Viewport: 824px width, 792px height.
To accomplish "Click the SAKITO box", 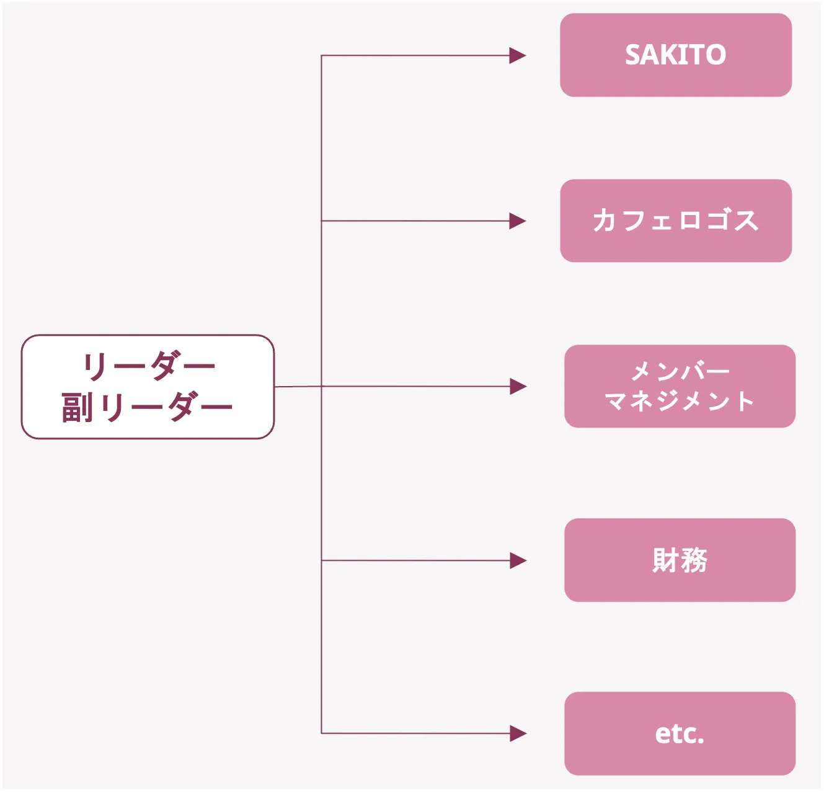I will tap(676, 55).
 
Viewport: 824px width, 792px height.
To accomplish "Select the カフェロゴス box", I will tap(676, 221).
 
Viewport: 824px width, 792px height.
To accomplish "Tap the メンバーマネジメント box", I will tap(680, 386).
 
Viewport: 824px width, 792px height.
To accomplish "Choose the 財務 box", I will tap(680, 560).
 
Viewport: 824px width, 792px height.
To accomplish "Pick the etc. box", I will tap(680, 733).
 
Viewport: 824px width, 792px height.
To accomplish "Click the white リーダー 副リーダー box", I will tap(148, 387).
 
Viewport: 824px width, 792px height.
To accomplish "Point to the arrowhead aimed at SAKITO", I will tap(518, 56).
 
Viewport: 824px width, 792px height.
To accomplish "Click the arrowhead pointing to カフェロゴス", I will tap(518, 221).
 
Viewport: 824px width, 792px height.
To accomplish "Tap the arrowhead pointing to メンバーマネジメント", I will tap(518, 387).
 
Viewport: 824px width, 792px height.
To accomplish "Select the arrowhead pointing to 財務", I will tap(518, 561).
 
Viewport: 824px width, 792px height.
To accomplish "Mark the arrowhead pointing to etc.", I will tap(518, 734).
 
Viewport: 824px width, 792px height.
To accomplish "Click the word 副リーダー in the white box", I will tap(148, 407).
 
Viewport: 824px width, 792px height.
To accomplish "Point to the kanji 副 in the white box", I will tap(78, 407).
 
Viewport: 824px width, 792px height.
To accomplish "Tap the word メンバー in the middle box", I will tap(680, 372).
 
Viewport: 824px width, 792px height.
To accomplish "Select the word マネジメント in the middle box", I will tap(680, 401).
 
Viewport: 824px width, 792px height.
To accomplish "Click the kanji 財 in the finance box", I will tap(665, 560).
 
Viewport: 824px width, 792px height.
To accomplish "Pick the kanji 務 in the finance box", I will tap(694, 560).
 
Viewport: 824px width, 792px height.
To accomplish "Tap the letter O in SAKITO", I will tap(715, 55).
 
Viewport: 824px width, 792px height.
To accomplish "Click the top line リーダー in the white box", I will tap(149, 366).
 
